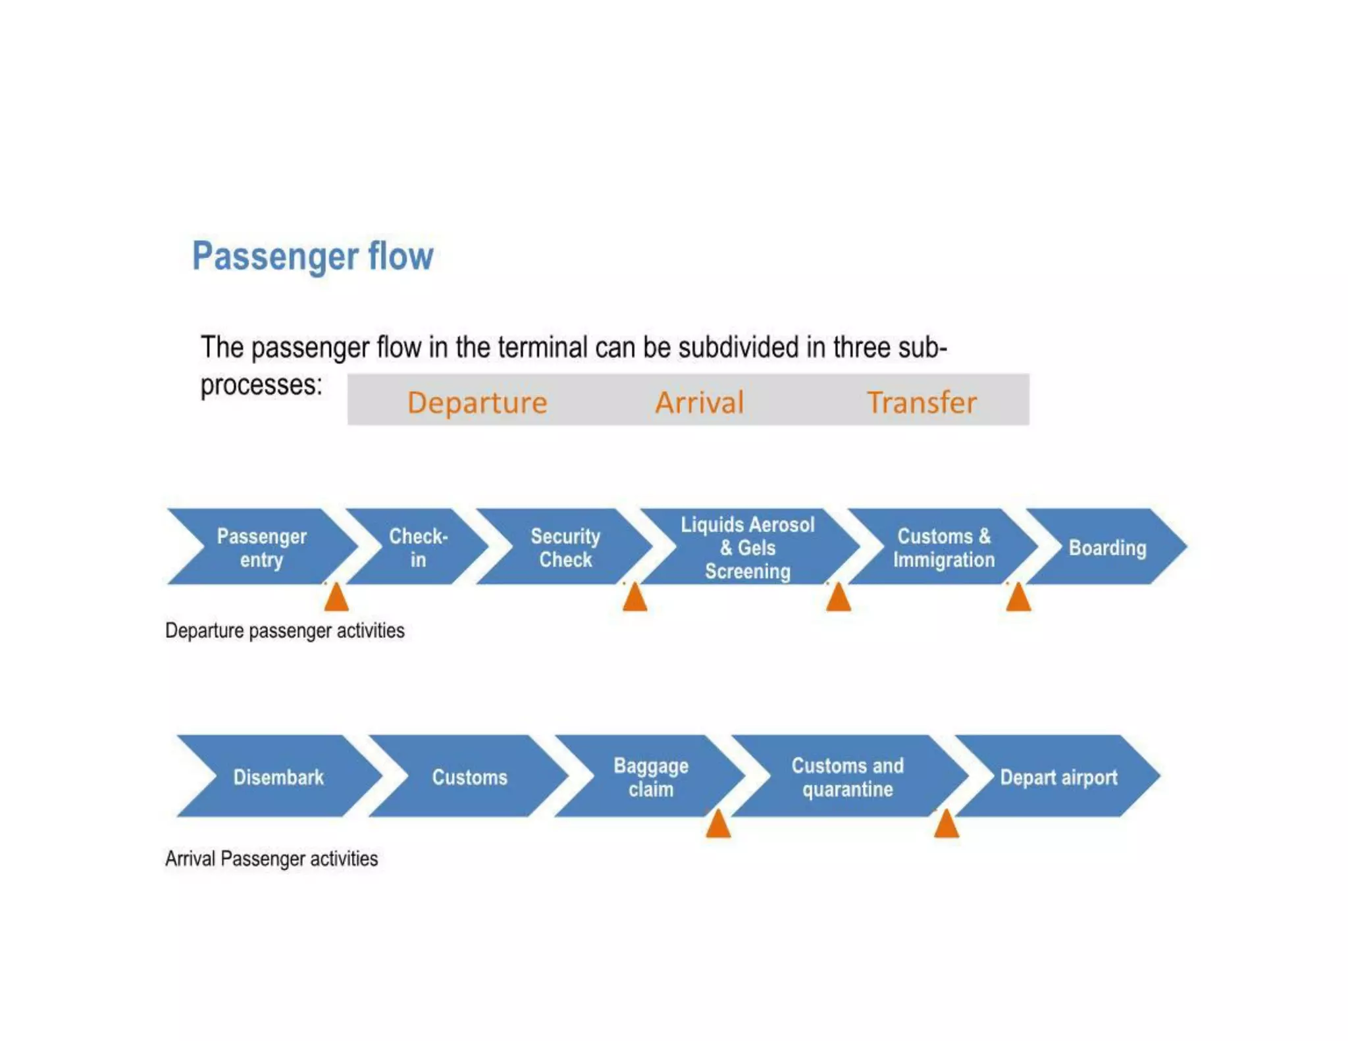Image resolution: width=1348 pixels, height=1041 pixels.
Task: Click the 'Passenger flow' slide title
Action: tap(313, 256)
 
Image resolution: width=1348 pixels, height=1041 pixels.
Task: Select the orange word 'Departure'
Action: tap(477, 402)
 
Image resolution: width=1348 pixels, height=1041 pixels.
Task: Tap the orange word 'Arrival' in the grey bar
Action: tap(699, 402)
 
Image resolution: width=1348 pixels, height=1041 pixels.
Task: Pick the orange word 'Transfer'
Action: tap(921, 402)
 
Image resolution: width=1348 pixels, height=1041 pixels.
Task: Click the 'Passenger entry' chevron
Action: tap(262, 547)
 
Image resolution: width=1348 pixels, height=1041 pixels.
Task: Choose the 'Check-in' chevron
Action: tap(418, 547)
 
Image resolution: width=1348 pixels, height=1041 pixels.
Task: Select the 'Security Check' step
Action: tap(565, 547)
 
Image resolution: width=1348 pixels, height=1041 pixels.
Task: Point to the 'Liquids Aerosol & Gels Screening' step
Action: tap(748, 547)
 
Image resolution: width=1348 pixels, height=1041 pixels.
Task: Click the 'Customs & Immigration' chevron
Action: tap(944, 547)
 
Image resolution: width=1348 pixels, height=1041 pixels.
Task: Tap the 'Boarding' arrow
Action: tap(1108, 547)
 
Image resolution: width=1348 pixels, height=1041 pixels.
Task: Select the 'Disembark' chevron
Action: tap(278, 777)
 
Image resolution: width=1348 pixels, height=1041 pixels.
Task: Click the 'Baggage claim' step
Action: tap(651, 777)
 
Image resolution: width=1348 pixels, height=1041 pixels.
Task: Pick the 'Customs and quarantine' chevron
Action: tap(848, 777)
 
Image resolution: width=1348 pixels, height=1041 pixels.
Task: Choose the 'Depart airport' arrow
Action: tap(1058, 777)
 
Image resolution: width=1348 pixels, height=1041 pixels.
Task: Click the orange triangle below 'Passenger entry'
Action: tap(336, 599)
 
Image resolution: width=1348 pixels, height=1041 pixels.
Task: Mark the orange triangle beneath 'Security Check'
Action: tap(635, 599)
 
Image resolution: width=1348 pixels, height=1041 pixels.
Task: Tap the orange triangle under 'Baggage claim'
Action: tap(718, 826)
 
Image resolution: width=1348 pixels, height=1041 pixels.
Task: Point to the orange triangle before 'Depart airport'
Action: tap(946, 826)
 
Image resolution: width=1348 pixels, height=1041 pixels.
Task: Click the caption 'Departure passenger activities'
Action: tap(284, 630)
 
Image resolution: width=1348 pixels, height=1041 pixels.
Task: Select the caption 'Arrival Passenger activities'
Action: tap(271, 859)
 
